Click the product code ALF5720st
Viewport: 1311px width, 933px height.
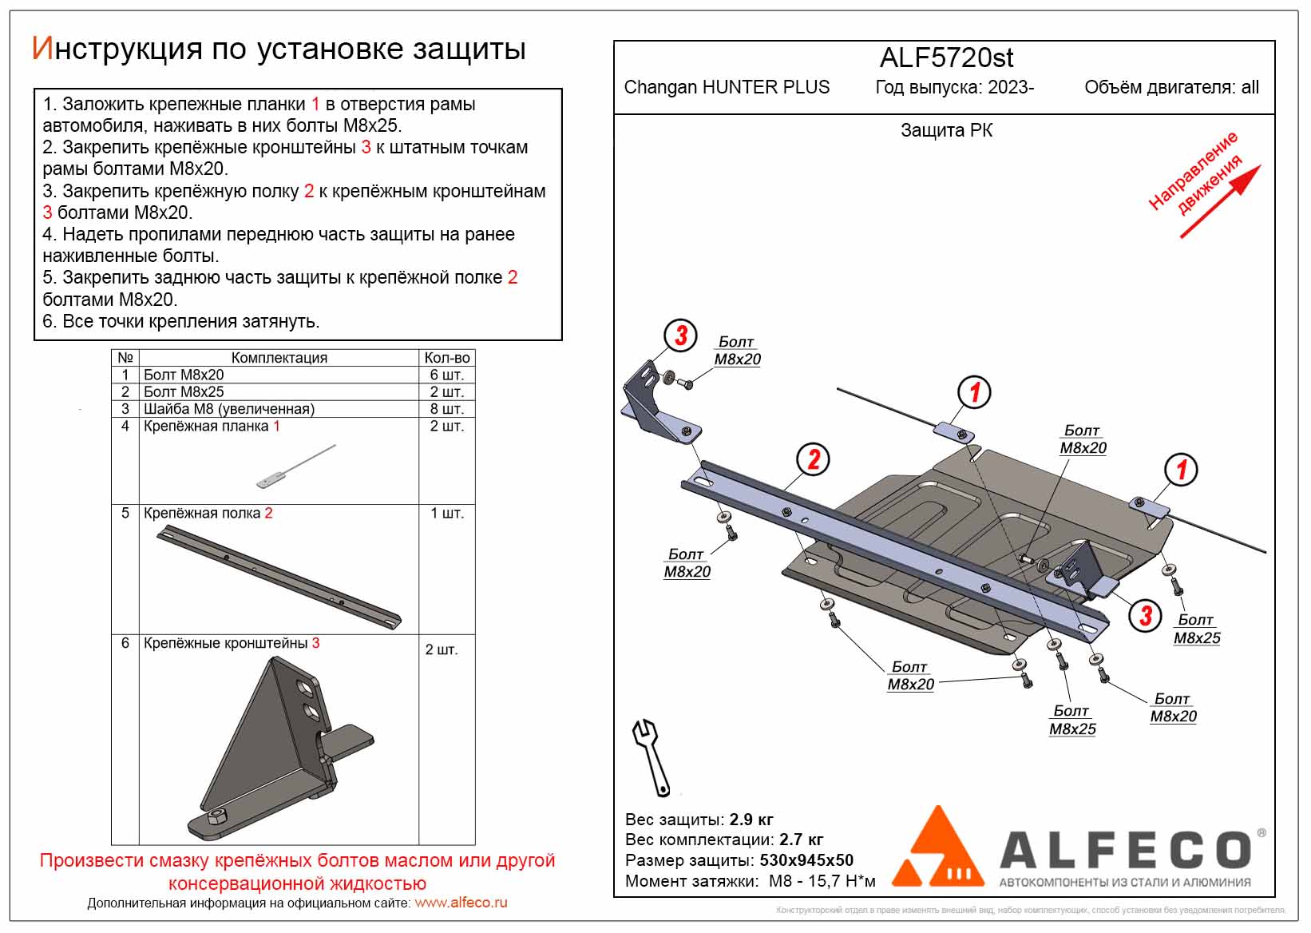click(946, 58)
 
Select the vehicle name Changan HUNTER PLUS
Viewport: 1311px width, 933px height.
click(727, 87)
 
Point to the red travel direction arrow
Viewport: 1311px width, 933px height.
click(1220, 201)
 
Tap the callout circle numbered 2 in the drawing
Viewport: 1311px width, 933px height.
click(814, 460)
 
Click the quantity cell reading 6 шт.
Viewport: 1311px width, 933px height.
click(446, 375)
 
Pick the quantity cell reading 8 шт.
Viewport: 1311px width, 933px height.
click(446, 409)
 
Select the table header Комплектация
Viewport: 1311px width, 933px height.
click(279, 358)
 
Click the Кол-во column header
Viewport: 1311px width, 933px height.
click(446, 358)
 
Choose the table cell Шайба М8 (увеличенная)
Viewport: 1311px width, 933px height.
click(229, 409)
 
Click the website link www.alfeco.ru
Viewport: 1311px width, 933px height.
click(461, 903)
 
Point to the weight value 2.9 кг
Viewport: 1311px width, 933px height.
click(751, 820)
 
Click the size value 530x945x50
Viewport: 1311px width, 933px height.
click(806, 860)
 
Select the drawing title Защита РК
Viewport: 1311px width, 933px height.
click(946, 130)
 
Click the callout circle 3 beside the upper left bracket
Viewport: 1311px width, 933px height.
click(681, 336)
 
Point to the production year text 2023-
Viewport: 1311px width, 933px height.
click(1010, 87)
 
